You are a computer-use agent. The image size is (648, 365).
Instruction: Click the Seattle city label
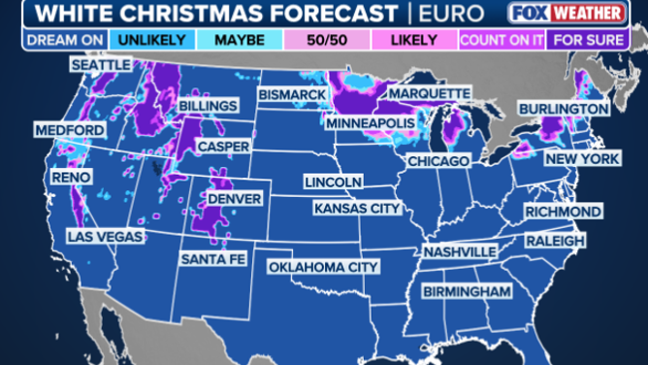pyautogui.click(x=100, y=64)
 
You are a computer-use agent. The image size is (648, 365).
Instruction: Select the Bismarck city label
pyautogui.click(x=291, y=94)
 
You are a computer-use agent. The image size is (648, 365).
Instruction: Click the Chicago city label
pyautogui.click(x=438, y=160)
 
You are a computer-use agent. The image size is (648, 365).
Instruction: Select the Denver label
pyautogui.click(x=232, y=197)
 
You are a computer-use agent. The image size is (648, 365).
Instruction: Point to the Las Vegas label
pyautogui.click(x=104, y=236)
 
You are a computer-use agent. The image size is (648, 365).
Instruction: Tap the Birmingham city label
pyautogui.click(x=467, y=291)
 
